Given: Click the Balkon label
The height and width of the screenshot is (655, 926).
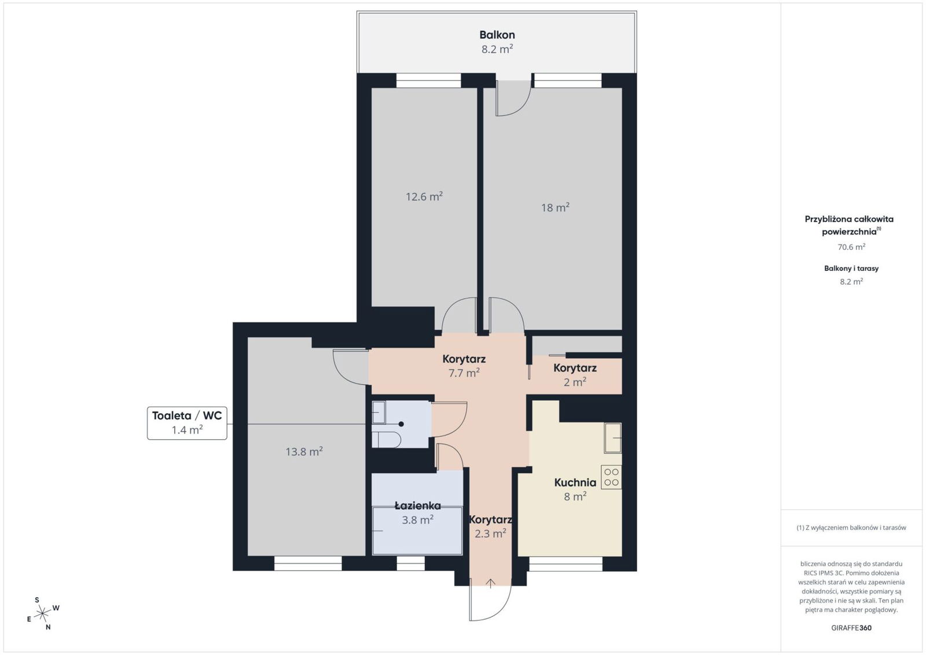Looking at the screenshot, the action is [497, 35].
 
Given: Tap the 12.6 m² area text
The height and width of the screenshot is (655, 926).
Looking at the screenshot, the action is [424, 196].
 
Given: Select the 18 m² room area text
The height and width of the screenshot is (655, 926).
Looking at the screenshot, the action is [555, 207].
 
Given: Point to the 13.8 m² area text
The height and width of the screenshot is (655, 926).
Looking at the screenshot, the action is [304, 451].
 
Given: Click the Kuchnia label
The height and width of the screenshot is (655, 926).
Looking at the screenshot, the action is [575, 482].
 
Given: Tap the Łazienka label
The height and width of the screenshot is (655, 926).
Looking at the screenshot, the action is [417, 505].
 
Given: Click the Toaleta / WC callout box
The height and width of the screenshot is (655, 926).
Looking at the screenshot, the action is [187, 423].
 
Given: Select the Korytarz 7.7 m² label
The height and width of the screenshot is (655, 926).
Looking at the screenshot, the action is [464, 366].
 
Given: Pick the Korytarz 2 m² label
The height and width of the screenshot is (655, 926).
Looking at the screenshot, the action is [575, 375].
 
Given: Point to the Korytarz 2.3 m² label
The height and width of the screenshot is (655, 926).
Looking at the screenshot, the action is [490, 527].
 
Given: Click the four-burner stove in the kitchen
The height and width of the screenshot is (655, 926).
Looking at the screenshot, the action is [611, 477].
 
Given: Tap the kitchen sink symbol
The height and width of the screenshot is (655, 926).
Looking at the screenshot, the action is [613, 437].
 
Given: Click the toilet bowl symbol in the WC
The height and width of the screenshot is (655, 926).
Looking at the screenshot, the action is [386, 440].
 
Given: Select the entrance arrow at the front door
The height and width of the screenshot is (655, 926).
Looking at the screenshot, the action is [490, 583].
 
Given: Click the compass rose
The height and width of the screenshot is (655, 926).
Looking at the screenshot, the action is [43, 613].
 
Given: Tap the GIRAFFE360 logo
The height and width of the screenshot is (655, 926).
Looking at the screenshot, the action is [851, 628].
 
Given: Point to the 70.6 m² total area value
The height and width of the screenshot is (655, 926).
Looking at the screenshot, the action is [851, 246].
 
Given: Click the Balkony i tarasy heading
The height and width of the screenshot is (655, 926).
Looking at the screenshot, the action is [851, 268].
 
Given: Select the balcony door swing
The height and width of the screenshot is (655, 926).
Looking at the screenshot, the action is [514, 98].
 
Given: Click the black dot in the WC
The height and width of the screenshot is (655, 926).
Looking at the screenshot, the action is [401, 424].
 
